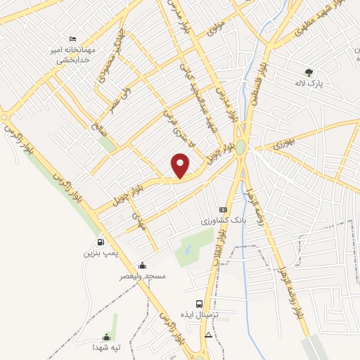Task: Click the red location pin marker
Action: click(181, 165)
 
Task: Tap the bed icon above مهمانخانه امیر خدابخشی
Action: click(72, 39)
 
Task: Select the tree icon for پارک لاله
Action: click(309, 71)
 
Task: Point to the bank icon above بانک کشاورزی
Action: click(224, 210)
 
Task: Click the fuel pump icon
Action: click(102, 242)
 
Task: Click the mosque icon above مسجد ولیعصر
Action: click(143, 265)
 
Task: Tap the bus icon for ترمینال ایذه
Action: click(200, 304)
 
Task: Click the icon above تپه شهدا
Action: click(107, 337)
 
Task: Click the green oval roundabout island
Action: click(241, 147)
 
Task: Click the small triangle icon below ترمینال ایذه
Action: click(207, 336)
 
